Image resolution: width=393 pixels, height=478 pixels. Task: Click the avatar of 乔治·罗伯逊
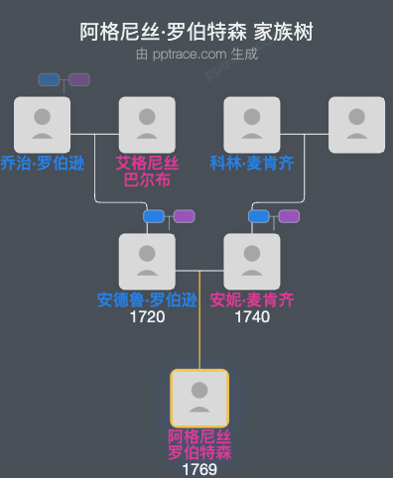click(x=42, y=125)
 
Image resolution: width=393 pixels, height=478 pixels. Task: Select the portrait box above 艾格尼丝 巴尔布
click(x=147, y=125)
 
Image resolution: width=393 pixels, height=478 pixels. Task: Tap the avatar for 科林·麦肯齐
click(x=252, y=125)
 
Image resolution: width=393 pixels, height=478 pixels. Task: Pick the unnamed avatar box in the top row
click(x=356, y=125)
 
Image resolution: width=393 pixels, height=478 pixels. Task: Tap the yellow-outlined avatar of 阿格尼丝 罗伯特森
click(x=199, y=399)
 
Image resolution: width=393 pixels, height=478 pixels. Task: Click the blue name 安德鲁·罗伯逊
click(x=147, y=299)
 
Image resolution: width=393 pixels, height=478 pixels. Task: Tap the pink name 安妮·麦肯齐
click(x=252, y=299)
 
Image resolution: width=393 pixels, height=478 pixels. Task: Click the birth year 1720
click(x=147, y=317)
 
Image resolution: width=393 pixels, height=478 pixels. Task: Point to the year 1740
click(x=252, y=317)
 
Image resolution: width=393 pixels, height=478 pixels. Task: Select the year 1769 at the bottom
click(x=199, y=469)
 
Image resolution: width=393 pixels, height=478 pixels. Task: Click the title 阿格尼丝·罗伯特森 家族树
click(x=196, y=32)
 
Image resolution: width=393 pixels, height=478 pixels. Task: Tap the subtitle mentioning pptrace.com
click(x=196, y=54)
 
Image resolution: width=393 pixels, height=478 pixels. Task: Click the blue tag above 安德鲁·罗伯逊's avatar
click(x=153, y=216)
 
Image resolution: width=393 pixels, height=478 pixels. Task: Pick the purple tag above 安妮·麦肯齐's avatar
click(x=289, y=216)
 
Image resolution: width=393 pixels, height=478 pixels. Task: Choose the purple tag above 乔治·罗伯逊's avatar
click(x=79, y=79)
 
